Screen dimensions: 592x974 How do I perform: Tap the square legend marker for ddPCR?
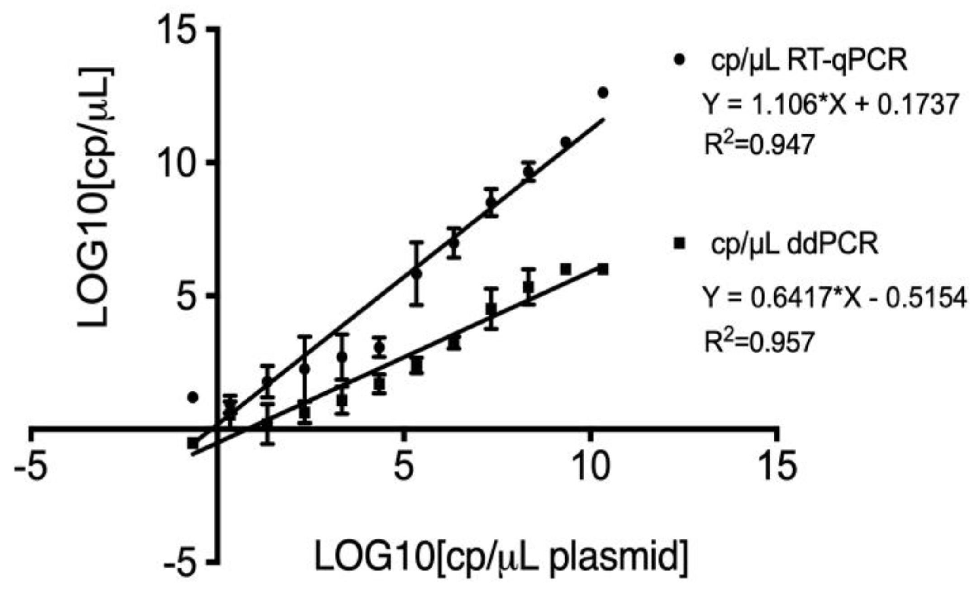679,244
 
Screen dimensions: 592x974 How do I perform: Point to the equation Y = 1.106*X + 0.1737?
830,105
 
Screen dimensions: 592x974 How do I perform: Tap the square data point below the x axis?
193,443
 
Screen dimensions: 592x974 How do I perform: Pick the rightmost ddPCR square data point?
603,269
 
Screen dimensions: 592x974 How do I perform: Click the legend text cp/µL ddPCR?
794,244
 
